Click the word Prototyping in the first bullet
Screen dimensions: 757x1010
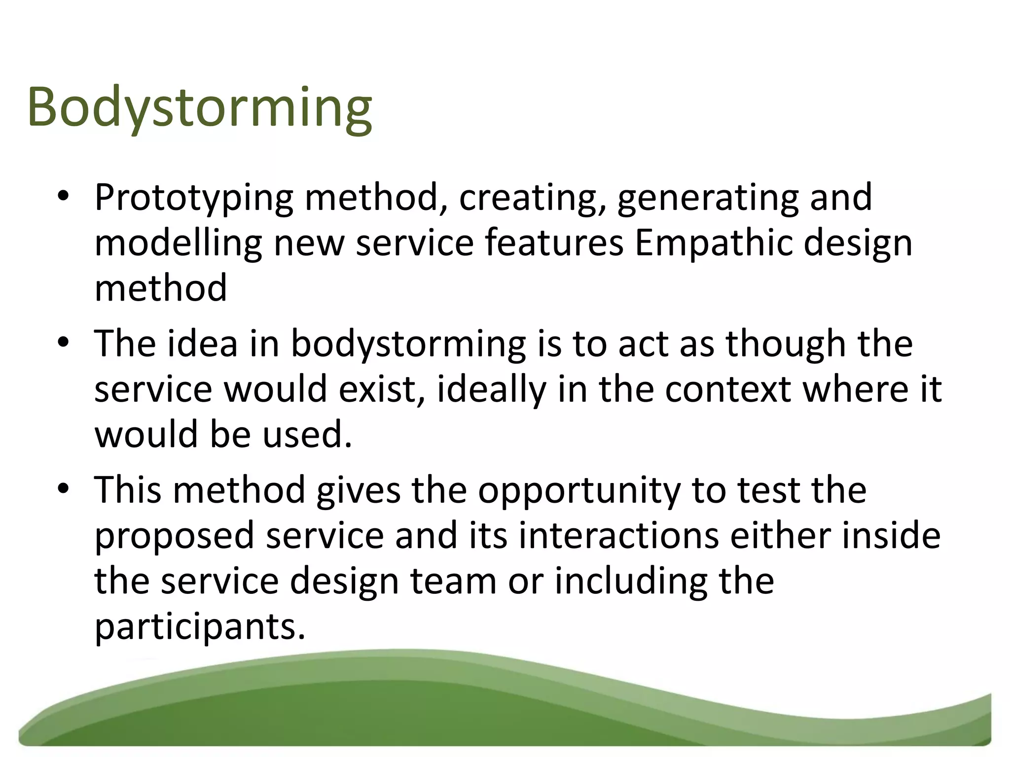(194, 198)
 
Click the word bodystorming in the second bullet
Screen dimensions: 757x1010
(408, 344)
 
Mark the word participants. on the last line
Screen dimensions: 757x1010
(200, 627)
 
